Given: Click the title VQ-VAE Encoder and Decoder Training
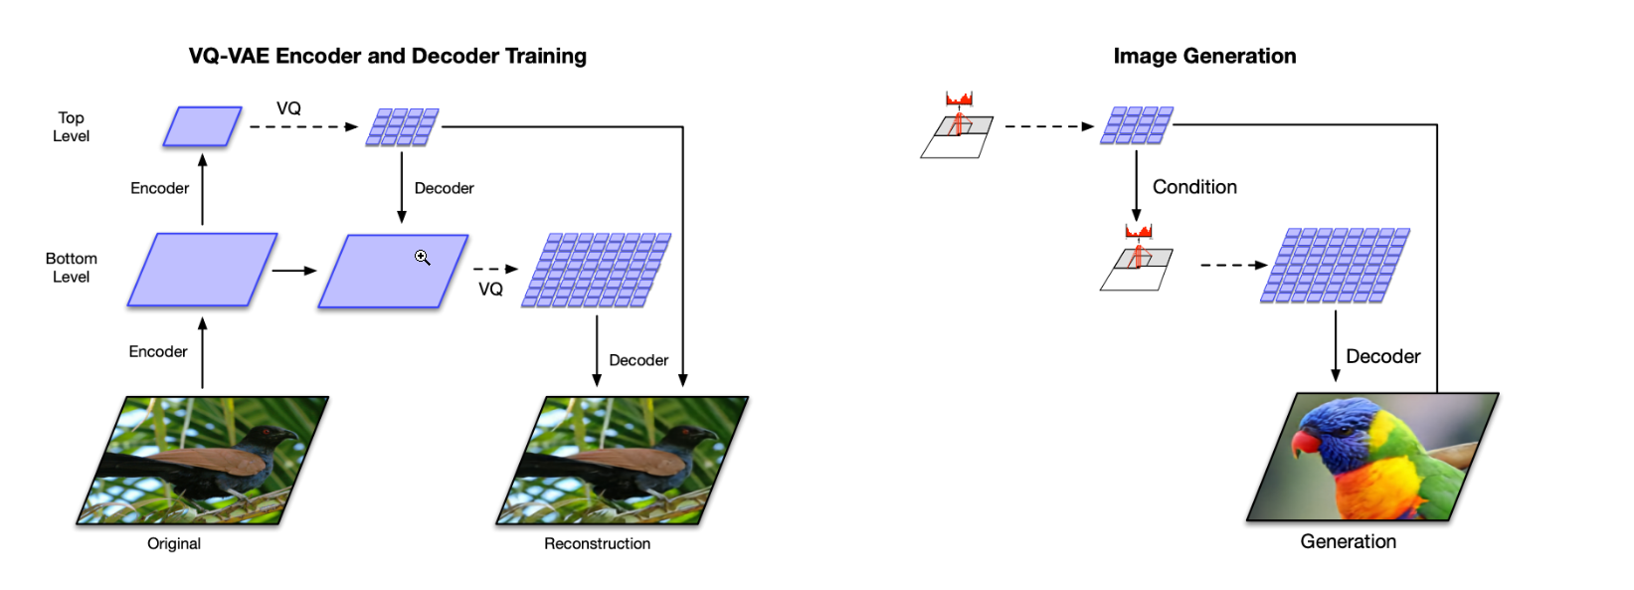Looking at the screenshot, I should coord(387,56).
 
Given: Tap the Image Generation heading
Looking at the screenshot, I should coord(1203,56).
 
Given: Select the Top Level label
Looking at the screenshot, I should coord(71,126).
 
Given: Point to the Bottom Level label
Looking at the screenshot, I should coord(71,268).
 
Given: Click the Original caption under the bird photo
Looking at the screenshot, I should coord(174,543).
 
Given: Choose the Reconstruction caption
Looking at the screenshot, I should coord(597,543).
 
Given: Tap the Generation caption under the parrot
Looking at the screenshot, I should coord(1348,541).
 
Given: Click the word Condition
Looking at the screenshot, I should coord(1193,187).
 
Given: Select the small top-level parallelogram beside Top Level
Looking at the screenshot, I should coord(202,126).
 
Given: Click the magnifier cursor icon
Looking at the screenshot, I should coord(422,258).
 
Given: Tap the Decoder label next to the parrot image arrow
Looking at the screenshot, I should coord(1382,356).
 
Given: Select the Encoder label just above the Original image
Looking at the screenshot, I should coord(157,351).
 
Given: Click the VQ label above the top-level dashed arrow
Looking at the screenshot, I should coord(288,108).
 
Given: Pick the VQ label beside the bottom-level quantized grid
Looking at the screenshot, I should coord(490,289).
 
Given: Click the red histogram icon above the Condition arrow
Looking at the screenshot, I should coord(959,98).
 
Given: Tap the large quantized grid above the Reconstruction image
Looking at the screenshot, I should coord(596,270).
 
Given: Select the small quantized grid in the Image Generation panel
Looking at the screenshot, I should coord(1136,125).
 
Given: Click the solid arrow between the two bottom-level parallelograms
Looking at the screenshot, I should coord(294,270).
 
